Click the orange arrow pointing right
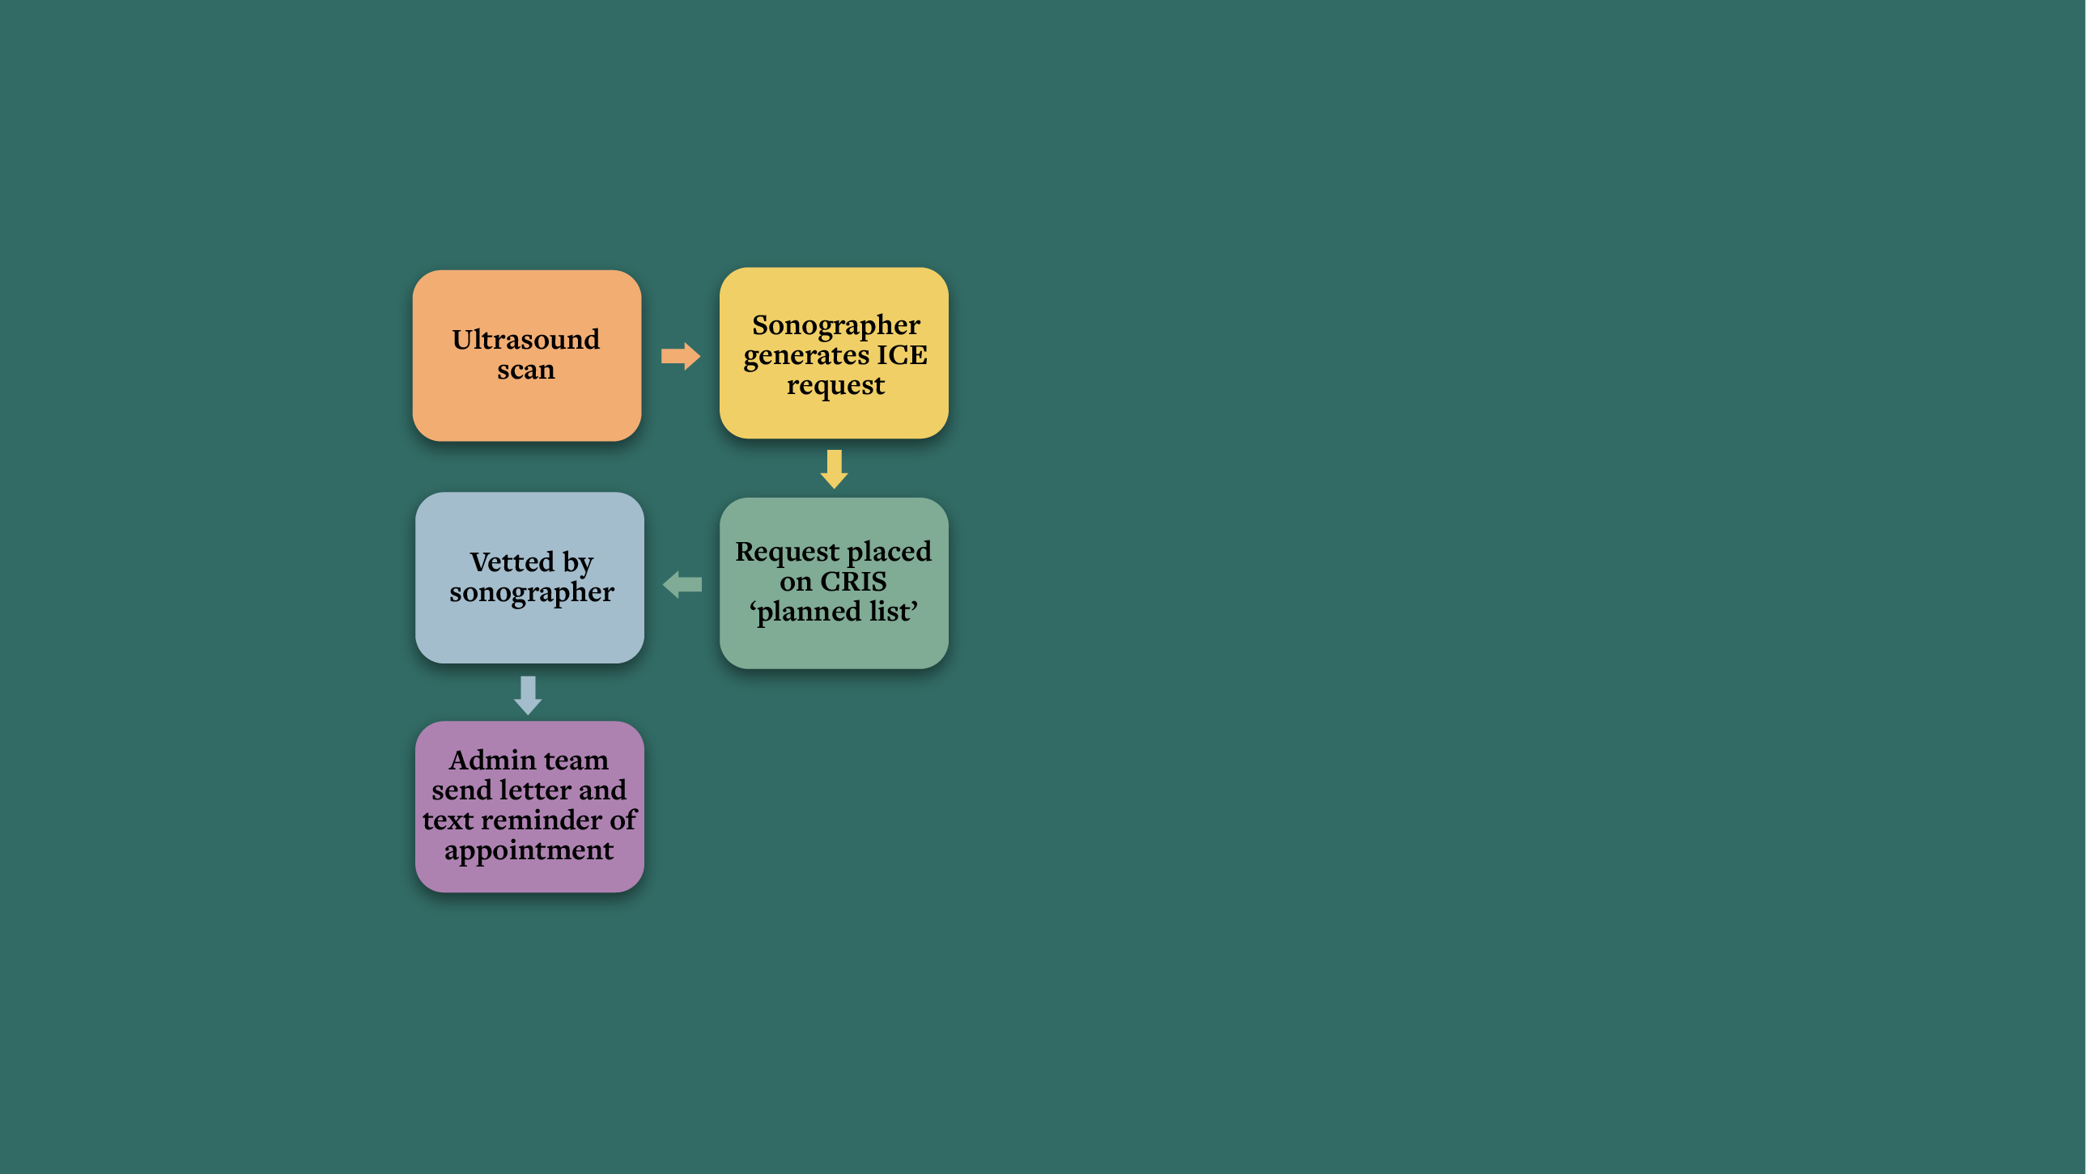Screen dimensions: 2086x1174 pyautogui.click(x=680, y=355)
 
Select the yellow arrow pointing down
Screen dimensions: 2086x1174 pyautogui.click(x=834, y=468)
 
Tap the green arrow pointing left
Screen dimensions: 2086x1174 pyautogui.click(x=682, y=584)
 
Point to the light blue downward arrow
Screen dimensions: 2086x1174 pyautogui.click(x=528, y=696)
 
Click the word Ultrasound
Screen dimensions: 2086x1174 pyautogui.click(x=526, y=339)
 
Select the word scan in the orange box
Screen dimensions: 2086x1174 pyautogui.click(x=526, y=370)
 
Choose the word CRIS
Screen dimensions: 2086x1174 pyautogui.click(x=853, y=581)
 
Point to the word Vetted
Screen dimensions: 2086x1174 pyautogui.click(x=512, y=562)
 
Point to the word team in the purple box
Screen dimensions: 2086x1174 pyautogui.click(x=576, y=761)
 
